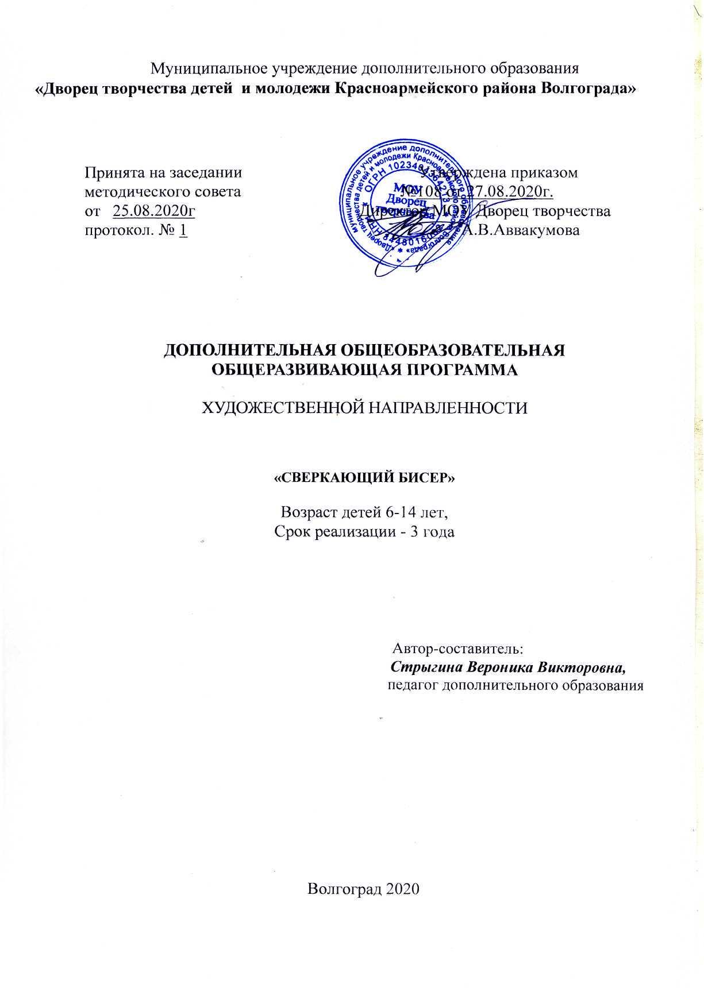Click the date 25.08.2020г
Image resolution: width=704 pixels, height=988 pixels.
155,211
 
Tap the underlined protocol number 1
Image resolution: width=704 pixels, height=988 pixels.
183,230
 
